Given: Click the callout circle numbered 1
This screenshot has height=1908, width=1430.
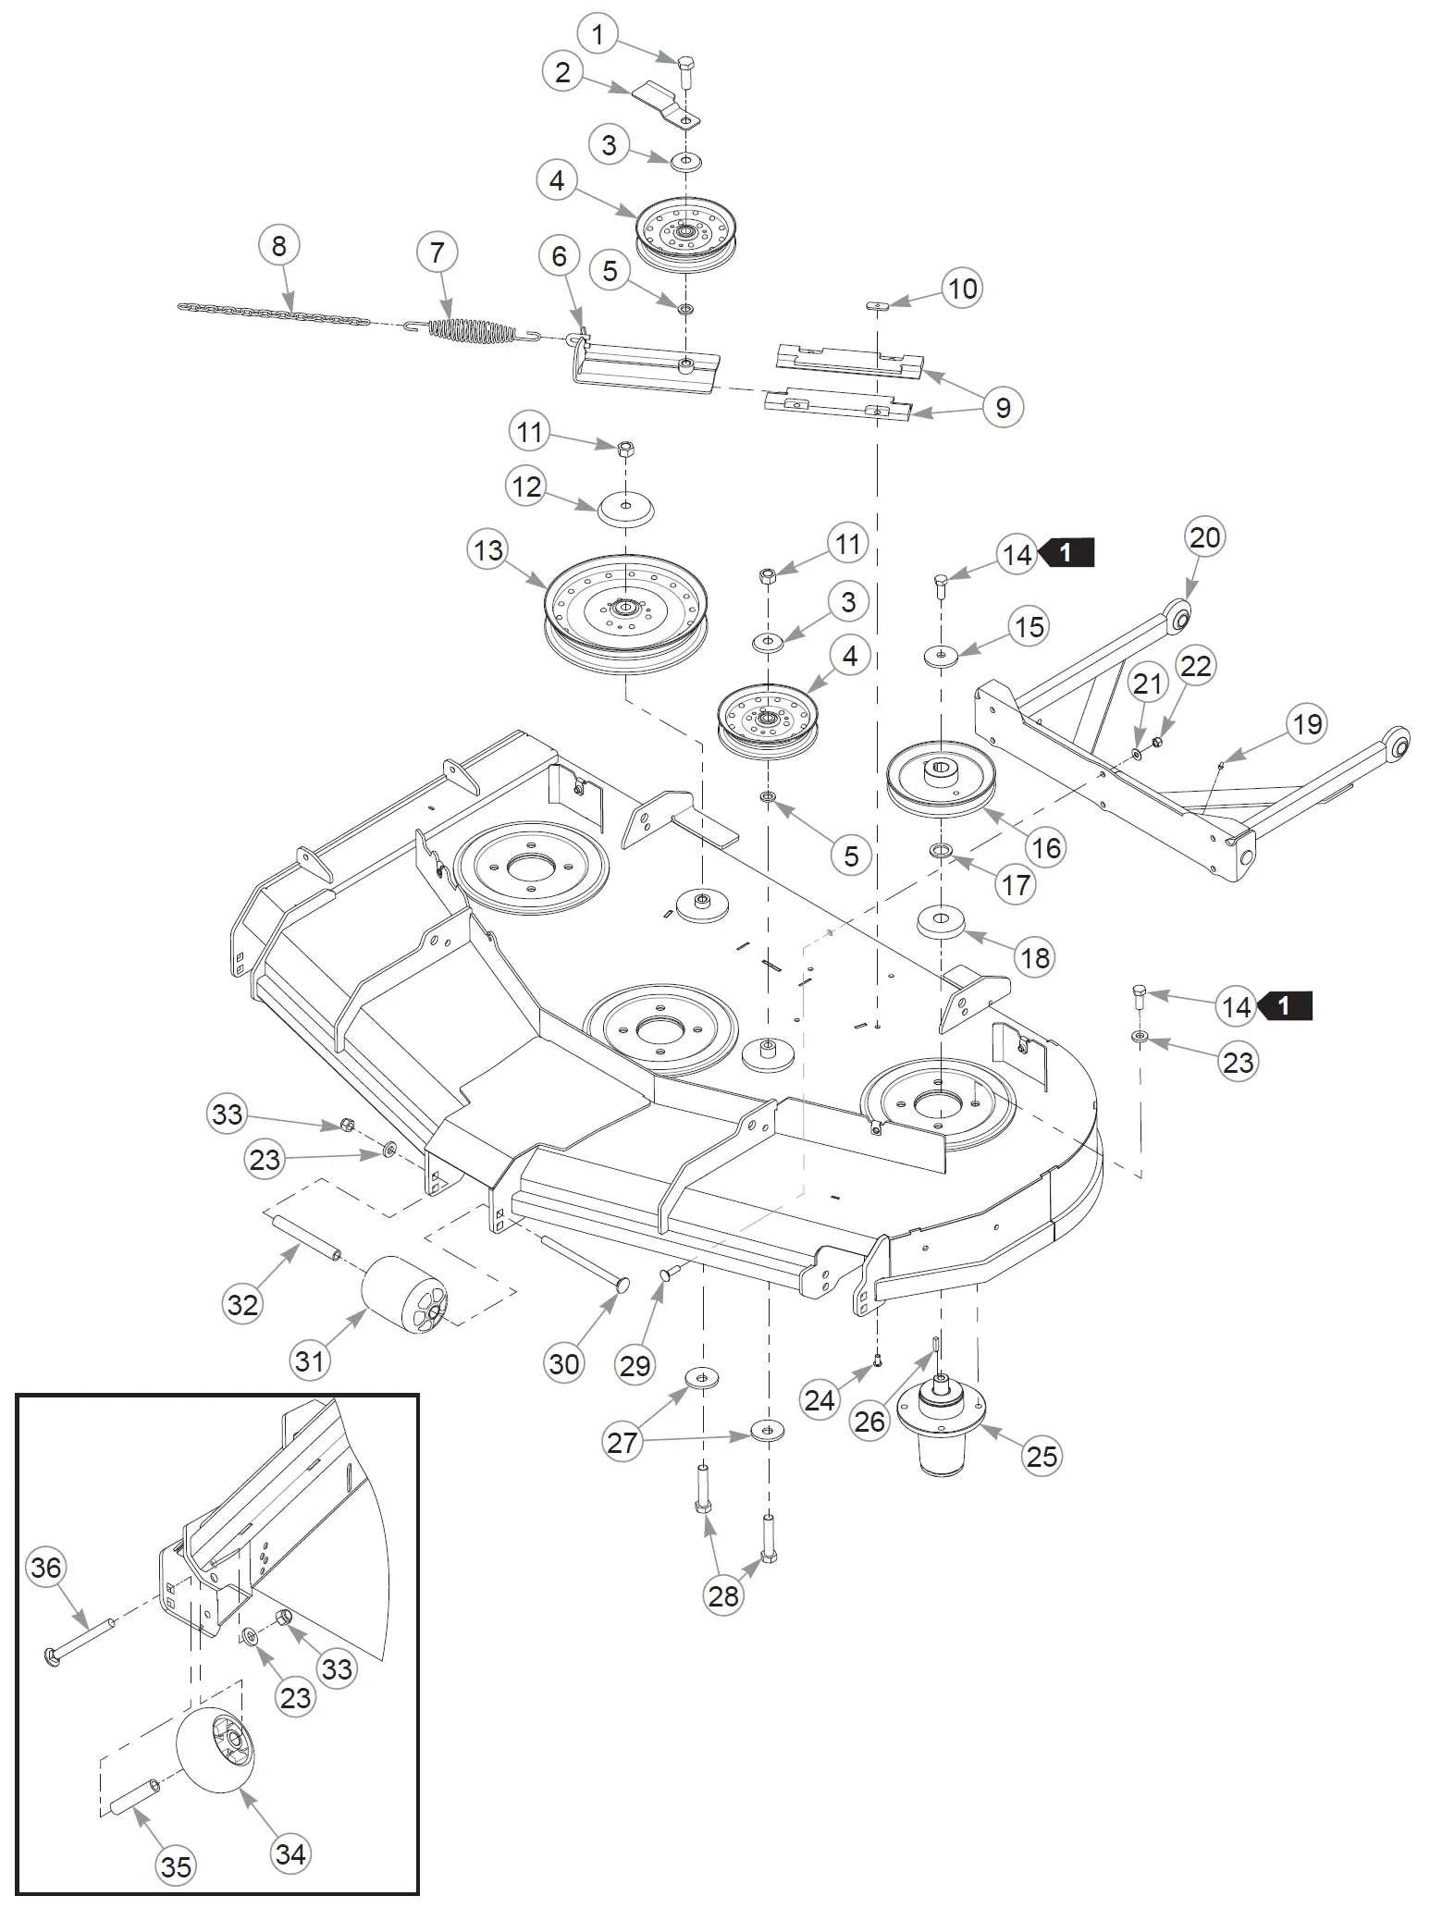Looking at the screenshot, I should [x=598, y=35].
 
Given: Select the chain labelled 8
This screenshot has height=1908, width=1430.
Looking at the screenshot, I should [x=274, y=314].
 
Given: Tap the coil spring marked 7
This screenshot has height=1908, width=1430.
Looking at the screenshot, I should [x=472, y=330].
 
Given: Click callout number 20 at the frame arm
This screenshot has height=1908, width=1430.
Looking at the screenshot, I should [x=1204, y=537].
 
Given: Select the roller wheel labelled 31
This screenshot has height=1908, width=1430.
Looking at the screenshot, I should [x=404, y=1294].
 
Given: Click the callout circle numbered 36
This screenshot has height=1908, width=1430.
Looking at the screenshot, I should [x=46, y=1567].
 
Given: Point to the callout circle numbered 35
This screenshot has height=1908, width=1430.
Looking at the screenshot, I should [x=176, y=1866].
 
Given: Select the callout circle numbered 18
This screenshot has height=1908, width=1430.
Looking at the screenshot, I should [x=1035, y=957].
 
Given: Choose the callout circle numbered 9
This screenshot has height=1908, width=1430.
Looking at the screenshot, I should [x=1004, y=407].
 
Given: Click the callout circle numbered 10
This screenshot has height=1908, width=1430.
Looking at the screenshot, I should [x=962, y=289].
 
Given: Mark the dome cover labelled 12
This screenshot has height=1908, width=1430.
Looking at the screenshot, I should [x=626, y=509].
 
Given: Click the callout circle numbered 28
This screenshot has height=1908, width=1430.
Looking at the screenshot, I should [x=723, y=1595].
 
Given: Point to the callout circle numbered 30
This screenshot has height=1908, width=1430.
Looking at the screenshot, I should [x=564, y=1363].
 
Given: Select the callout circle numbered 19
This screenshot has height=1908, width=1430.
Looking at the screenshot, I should [x=1307, y=724].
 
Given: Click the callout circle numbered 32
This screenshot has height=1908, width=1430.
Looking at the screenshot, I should [x=242, y=1304].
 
